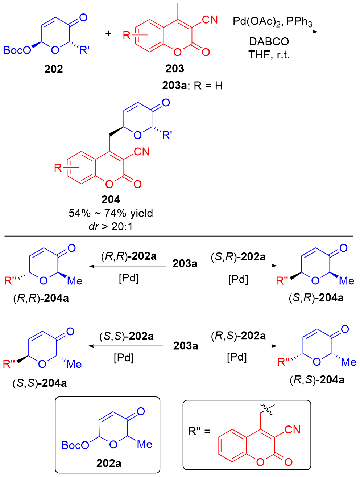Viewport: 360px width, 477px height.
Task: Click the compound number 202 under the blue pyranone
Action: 54,69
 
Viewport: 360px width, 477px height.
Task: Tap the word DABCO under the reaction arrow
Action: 269,42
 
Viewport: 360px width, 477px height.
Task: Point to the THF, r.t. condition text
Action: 269,55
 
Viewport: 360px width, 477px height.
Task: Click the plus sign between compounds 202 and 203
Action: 108,34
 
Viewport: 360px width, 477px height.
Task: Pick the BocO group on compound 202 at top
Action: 17,50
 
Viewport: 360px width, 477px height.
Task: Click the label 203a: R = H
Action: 192,86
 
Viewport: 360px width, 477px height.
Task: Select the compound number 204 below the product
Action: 111,200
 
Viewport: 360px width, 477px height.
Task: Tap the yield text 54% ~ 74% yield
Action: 111,213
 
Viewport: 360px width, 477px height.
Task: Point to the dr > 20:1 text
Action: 111,226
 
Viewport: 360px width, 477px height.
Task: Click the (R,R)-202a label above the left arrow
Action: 129,256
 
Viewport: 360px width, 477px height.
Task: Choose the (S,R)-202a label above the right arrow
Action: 238,257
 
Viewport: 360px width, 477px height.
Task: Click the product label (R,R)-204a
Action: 41,299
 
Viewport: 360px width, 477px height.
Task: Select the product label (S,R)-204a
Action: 316,298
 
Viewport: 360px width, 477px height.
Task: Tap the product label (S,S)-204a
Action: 40,383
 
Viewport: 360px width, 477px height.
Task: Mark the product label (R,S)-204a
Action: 317,380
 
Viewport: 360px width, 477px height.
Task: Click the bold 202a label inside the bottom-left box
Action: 109,463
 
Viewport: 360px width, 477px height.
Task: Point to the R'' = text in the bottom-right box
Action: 199,431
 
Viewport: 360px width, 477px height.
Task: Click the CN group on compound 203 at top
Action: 210,20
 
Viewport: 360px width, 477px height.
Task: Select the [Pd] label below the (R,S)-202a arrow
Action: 237,357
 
